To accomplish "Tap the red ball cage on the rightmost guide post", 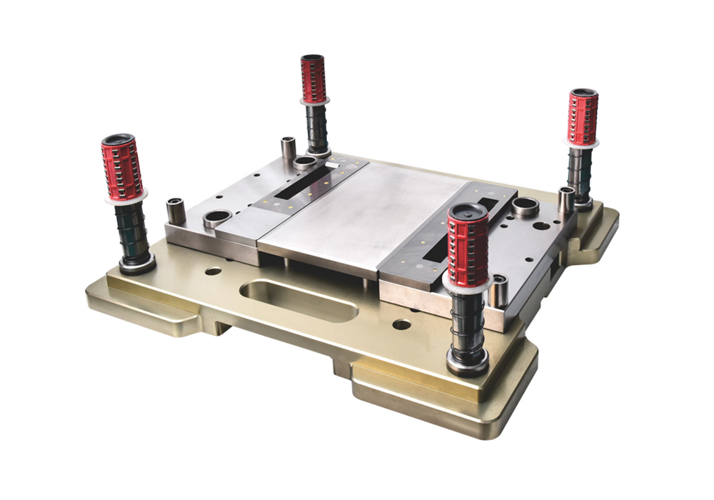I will (583, 117).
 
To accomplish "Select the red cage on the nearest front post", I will (468, 247).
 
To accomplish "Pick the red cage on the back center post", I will (313, 79).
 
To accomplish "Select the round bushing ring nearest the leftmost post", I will (216, 218).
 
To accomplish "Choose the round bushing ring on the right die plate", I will (526, 207).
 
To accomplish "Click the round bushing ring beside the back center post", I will (305, 163).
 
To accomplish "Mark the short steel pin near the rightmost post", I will (565, 200).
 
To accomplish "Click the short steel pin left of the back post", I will (288, 147).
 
